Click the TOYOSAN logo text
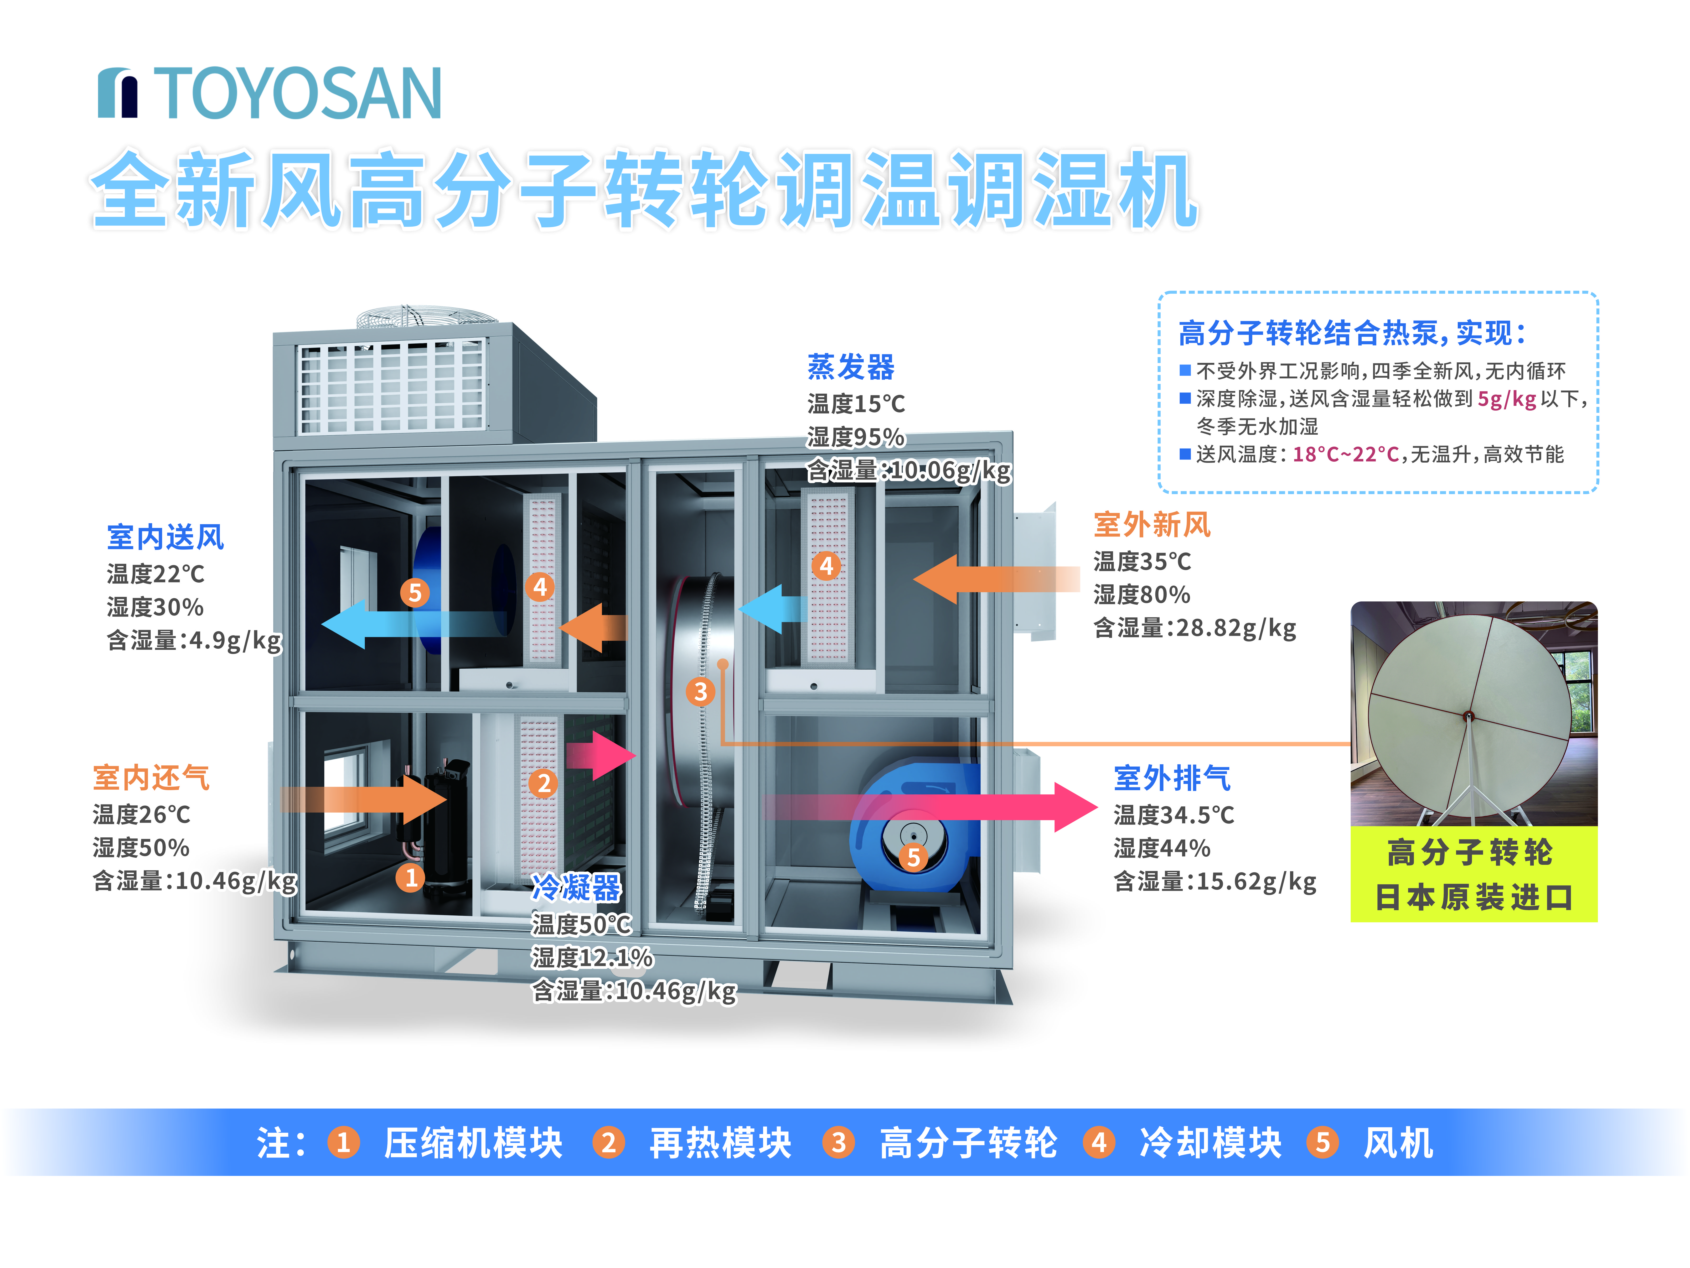coord(298,93)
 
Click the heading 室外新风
coord(1151,525)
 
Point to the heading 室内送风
coord(165,537)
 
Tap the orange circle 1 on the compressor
coord(411,877)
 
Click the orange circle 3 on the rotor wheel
coord(700,692)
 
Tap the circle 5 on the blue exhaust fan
coord(913,858)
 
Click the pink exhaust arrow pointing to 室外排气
coord(1070,806)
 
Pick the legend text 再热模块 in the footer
coord(720,1143)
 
